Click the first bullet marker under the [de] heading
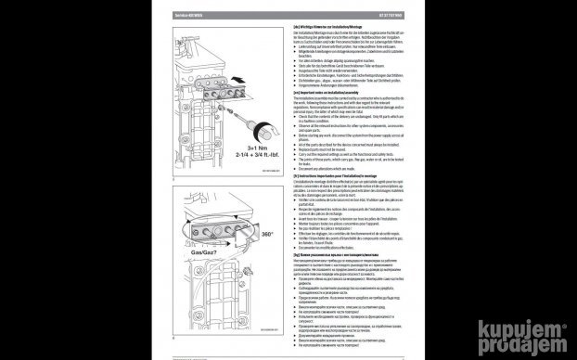tap(296, 47)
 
